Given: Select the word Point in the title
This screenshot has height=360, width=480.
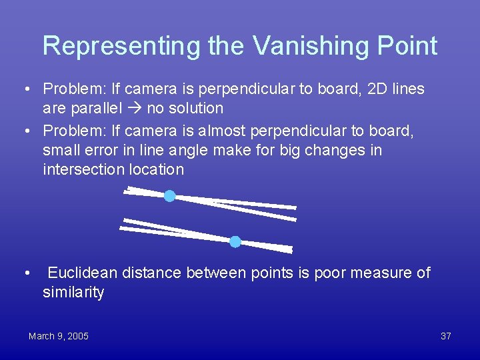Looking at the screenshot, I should pyautogui.click(x=405, y=45).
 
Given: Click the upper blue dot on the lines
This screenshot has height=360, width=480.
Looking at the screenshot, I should pyautogui.click(x=170, y=196).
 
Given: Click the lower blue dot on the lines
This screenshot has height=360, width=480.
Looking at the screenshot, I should pyautogui.click(x=235, y=241).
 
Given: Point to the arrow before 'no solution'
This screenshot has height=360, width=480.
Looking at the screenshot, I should pyautogui.click(x=135, y=108).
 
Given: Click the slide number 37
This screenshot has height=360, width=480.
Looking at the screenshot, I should pyautogui.click(x=446, y=336).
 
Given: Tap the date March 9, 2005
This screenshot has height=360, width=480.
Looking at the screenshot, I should pyautogui.click(x=59, y=336).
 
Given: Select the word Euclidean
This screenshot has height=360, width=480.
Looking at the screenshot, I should pyautogui.click(x=83, y=273).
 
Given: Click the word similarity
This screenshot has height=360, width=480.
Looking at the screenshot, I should pyautogui.click(x=73, y=293).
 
